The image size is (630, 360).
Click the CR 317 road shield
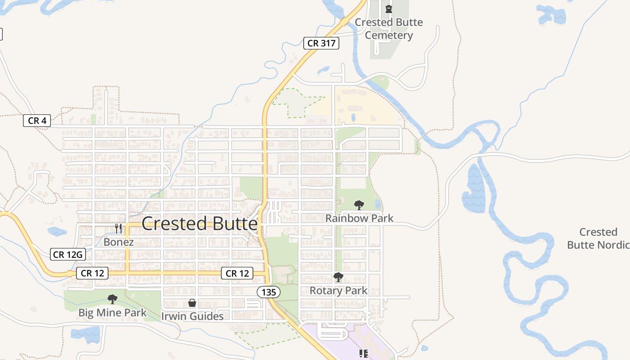[321, 43]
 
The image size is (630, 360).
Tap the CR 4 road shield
[37, 121]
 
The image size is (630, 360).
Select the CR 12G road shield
[67, 255]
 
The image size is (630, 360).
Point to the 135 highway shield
[269, 292]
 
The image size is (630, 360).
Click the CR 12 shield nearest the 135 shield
[237, 273]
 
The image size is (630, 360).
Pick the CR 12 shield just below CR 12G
[92, 273]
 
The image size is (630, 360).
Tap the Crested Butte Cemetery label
[389, 29]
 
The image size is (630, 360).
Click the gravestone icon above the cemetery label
[389, 9]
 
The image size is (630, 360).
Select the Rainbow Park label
[359, 218]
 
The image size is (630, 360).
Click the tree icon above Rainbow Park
[359, 205]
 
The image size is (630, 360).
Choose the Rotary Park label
[338, 291]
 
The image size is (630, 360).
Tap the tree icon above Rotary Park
[338, 277]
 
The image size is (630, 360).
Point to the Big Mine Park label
[112, 312]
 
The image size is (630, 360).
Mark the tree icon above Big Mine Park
[112, 299]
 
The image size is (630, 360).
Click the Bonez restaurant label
[118, 242]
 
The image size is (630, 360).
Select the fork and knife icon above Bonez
[118, 229]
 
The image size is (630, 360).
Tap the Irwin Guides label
[192, 316]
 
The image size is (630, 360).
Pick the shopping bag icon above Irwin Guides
[192, 303]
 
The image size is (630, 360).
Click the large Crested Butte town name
[199, 224]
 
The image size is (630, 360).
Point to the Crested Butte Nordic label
[598, 238]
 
